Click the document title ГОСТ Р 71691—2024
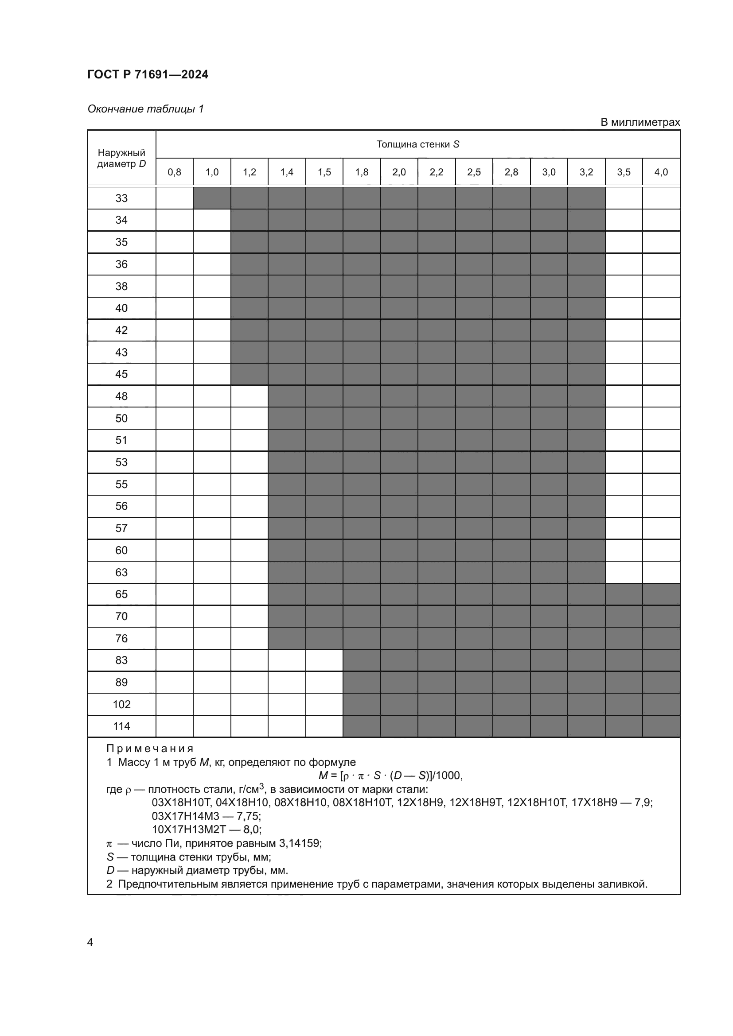(x=148, y=74)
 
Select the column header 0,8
(x=174, y=172)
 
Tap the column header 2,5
(x=474, y=172)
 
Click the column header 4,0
(x=661, y=172)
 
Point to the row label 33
(x=121, y=198)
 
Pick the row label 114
(x=121, y=726)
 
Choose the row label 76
(x=121, y=638)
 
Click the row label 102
(x=121, y=704)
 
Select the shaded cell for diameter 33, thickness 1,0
(x=212, y=198)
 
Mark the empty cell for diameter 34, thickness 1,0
(x=212, y=220)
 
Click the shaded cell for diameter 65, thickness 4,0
(x=661, y=594)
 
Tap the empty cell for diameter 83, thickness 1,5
(x=324, y=660)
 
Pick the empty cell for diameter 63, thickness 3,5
(x=624, y=572)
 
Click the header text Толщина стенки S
(x=417, y=144)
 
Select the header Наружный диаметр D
(x=121, y=159)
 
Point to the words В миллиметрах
(x=639, y=122)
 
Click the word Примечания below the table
(x=150, y=749)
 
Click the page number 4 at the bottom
(x=90, y=942)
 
